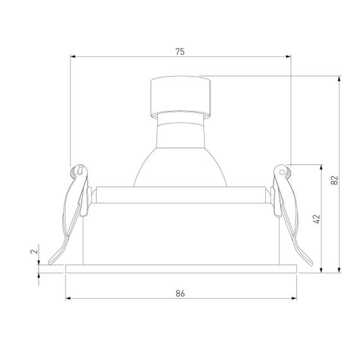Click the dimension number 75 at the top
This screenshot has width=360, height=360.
pyautogui.click(x=180, y=52)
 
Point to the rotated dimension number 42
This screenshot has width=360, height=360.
pyautogui.click(x=316, y=219)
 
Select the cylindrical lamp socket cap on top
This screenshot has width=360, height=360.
pyautogui.click(x=180, y=96)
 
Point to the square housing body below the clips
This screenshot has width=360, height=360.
pyautogui.click(x=181, y=234)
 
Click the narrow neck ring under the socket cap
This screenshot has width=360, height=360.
pyautogui.click(x=180, y=117)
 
